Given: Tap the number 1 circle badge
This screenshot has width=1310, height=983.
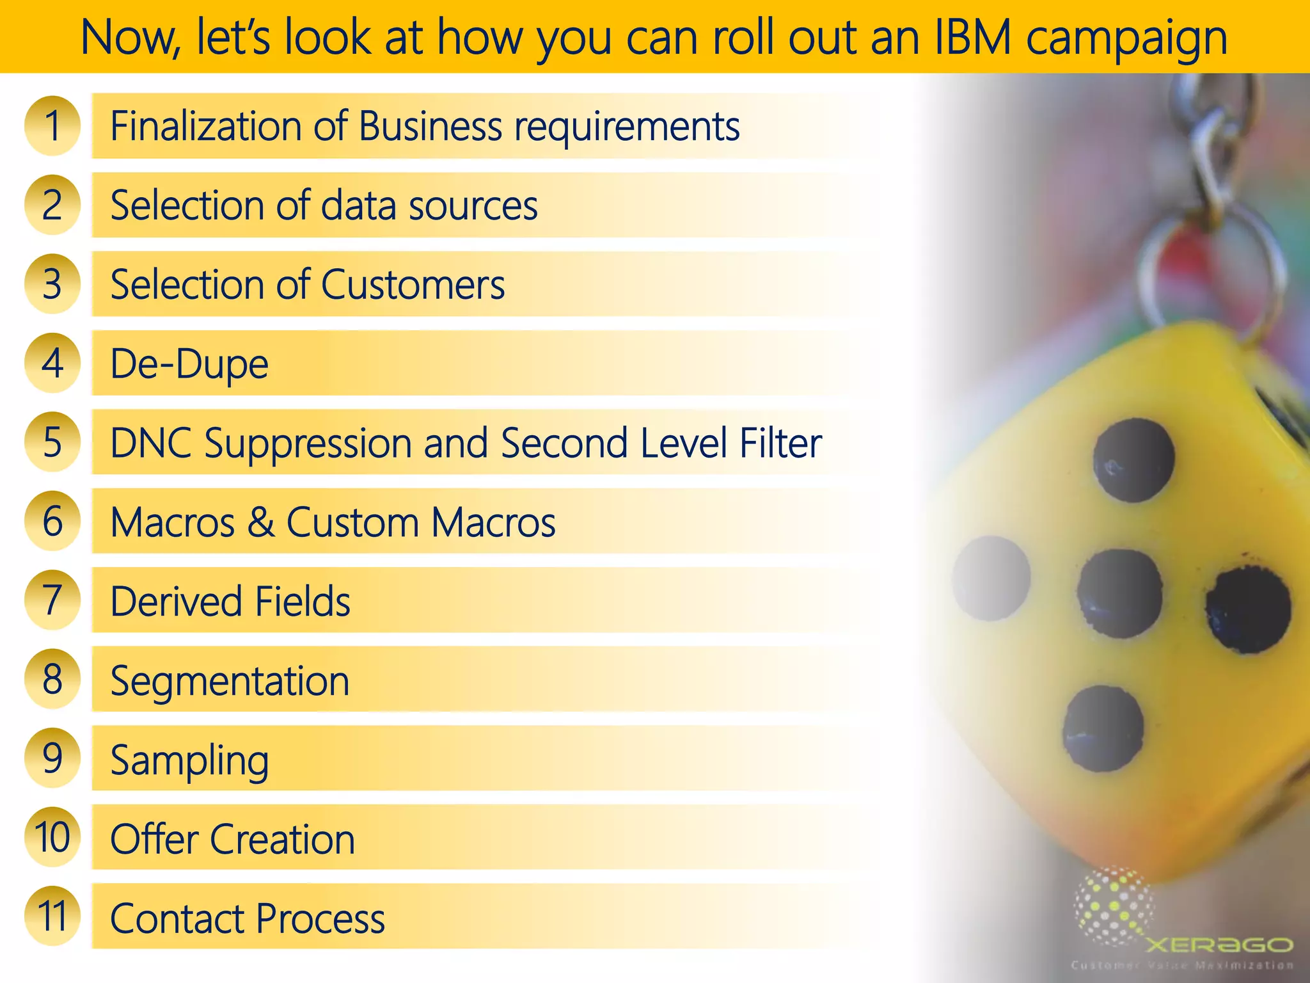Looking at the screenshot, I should [x=52, y=125].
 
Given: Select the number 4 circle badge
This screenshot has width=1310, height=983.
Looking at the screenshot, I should [x=52, y=363].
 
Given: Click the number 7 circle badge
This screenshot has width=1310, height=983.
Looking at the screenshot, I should [x=52, y=600].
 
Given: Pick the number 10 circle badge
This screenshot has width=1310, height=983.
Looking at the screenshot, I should [x=52, y=837].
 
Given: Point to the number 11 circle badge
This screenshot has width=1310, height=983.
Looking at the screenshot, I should [x=52, y=916].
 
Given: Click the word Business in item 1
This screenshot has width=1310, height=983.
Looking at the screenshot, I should [x=430, y=126].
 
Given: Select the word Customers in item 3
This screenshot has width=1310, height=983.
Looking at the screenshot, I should [x=413, y=284].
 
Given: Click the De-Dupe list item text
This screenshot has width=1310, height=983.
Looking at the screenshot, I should [x=189, y=364].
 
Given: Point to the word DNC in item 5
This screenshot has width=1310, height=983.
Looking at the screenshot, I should [x=150, y=443].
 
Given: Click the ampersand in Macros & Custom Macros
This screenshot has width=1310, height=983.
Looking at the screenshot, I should [x=261, y=522].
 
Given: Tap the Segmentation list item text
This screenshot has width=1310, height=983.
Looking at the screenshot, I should [x=230, y=681].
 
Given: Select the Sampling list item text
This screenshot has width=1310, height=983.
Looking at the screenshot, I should [x=189, y=760].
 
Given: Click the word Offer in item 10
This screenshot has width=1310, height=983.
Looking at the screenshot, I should [x=154, y=839].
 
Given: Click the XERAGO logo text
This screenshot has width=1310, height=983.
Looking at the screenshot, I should [x=1219, y=945].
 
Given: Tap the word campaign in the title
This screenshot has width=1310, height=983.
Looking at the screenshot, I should [x=1126, y=38].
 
